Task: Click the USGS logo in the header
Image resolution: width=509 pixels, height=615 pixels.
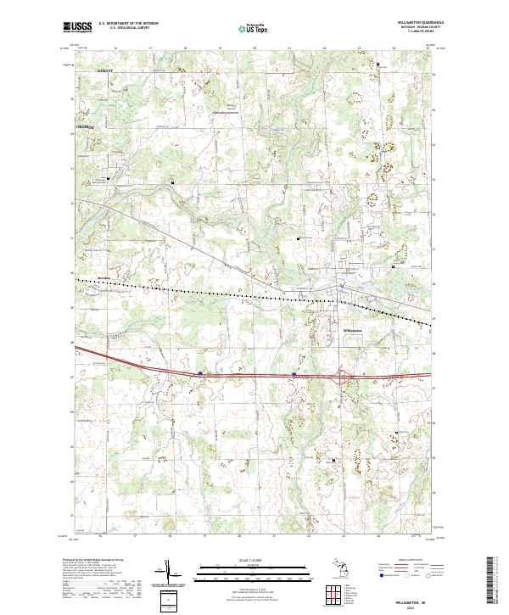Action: [x=77, y=28]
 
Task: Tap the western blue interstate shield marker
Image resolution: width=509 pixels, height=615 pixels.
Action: [x=200, y=372]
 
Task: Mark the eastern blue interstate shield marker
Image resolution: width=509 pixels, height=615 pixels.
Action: [x=294, y=373]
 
